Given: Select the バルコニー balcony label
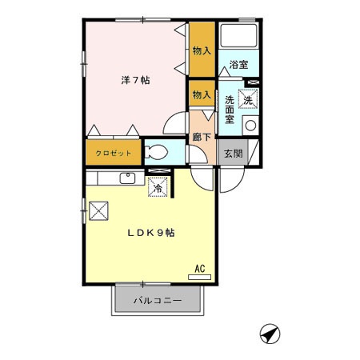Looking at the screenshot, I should click(x=157, y=302).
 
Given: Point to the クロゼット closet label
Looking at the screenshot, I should click(x=112, y=151).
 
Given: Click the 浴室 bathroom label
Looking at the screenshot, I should click(x=238, y=64).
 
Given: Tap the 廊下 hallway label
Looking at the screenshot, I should click(x=202, y=137).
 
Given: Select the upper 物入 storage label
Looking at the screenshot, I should click(x=202, y=50).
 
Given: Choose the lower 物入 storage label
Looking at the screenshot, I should click(x=201, y=94).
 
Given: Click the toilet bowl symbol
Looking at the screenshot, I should click(x=157, y=151).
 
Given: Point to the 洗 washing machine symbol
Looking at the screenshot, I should click(x=249, y=100).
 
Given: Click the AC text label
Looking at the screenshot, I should click(x=200, y=268).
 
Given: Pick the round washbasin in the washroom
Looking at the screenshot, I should click(x=250, y=125).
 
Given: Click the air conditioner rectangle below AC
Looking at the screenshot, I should click(x=200, y=277).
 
